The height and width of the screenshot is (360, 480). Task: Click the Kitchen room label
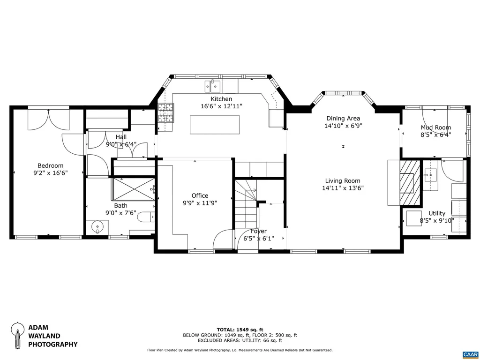pos(221,99)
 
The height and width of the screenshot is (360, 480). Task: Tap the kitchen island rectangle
pos(215,125)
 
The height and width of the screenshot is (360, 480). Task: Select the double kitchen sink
pos(212,86)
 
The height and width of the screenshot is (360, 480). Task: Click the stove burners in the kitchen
pos(165,112)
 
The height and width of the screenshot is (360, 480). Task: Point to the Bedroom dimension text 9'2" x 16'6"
pos(50,172)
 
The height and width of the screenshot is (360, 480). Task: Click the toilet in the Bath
pos(146,217)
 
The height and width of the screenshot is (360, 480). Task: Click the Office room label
pos(200,195)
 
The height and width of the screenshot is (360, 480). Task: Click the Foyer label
pos(258,231)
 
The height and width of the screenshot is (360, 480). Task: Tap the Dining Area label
pos(343,119)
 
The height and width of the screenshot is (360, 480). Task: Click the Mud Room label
pos(435,127)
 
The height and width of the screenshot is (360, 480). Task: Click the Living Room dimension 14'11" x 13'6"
pos(343,188)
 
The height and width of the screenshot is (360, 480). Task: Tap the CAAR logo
pos(469,354)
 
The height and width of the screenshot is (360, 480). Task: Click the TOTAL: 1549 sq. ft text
pos(240,330)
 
